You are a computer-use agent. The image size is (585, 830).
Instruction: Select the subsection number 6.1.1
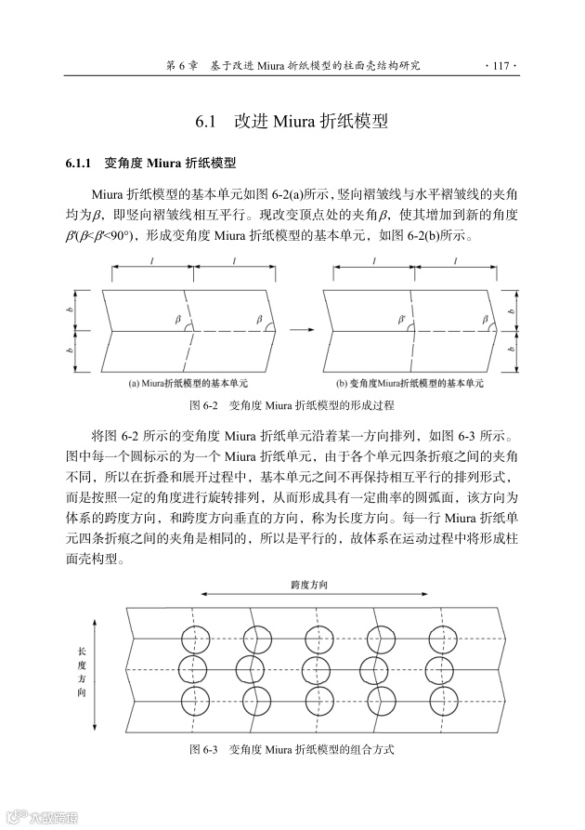coord(78,165)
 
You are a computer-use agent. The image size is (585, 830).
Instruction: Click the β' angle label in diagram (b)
coord(402,319)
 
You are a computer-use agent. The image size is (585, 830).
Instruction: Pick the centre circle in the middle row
coord(318,668)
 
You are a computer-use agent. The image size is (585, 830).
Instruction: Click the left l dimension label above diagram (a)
coord(151,263)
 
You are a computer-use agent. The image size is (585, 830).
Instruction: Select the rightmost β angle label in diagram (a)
coord(259,320)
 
